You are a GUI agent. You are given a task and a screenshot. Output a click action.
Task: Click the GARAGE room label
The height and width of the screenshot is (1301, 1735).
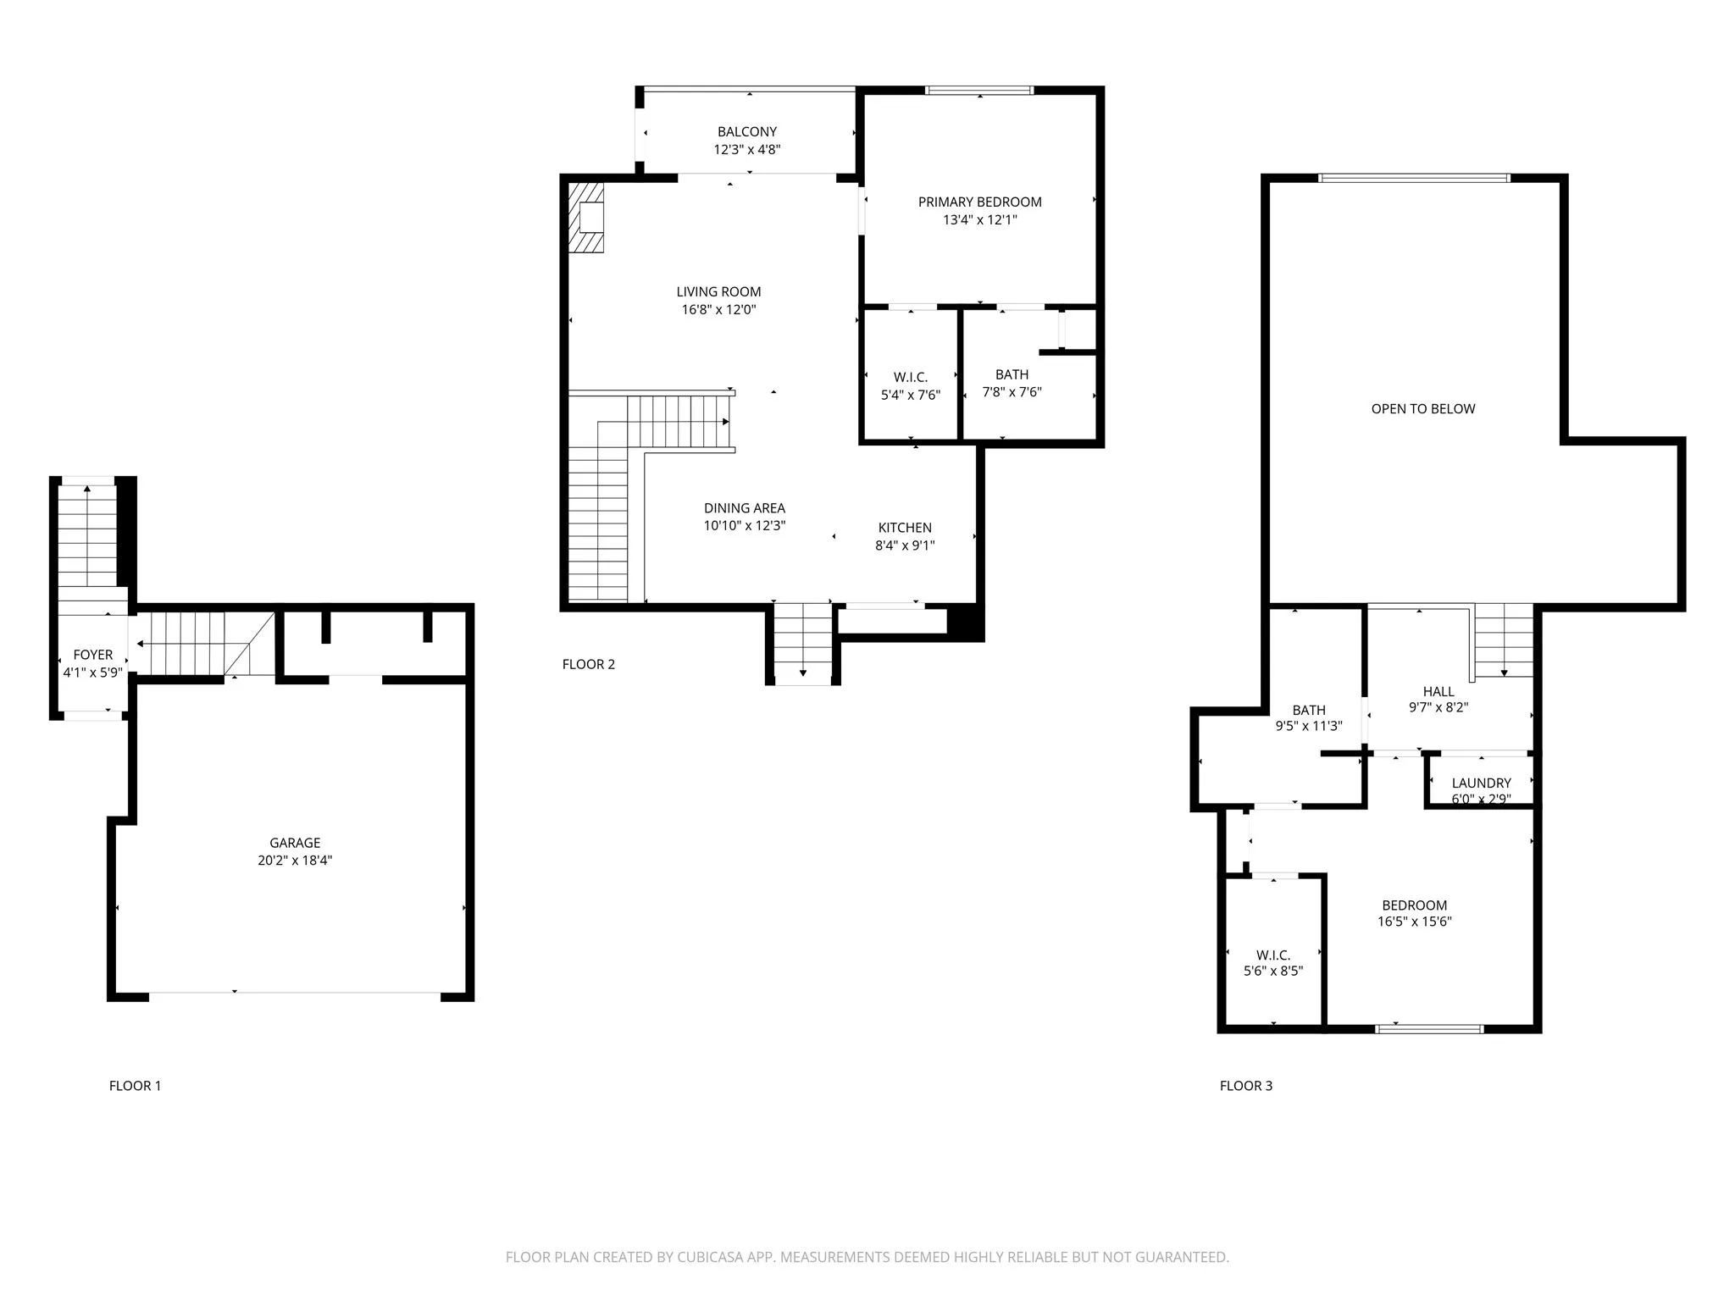(x=295, y=843)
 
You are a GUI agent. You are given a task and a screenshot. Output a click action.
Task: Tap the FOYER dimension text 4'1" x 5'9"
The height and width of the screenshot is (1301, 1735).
(x=93, y=673)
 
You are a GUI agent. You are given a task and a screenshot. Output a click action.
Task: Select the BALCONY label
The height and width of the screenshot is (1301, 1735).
(x=746, y=132)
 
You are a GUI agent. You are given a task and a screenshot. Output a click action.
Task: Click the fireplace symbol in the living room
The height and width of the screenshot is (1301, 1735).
(x=587, y=218)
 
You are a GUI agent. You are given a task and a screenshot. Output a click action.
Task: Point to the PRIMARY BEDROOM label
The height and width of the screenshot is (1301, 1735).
(x=979, y=202)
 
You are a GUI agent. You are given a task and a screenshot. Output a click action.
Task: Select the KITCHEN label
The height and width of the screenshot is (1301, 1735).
(x=905, y=528)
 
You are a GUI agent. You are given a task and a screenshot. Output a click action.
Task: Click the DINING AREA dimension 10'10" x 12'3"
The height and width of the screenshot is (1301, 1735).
(x=745, y=525)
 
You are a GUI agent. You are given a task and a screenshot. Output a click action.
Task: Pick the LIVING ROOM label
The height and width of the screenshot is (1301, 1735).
(x=718, y=292)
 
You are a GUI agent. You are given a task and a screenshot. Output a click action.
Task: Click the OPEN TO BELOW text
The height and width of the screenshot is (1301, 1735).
(x=1423, y=409)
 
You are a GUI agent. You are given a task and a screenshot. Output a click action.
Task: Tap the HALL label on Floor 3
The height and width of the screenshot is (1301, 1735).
(x=1438, y=692)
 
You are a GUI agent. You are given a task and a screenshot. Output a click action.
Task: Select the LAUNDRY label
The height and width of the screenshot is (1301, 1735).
(x=1481, y=783)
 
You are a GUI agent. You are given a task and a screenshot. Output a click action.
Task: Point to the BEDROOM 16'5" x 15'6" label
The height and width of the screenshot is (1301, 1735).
(x=1414, y=913)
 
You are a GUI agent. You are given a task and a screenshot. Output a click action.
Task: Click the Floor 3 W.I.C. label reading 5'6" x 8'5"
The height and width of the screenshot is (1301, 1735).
(x=1273, y=963)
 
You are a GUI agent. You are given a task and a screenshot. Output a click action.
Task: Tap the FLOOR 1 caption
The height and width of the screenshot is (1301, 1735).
(x=135, y=1086)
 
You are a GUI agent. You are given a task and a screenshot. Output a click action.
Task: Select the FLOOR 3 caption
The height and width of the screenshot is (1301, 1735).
(x=1245, y=1086)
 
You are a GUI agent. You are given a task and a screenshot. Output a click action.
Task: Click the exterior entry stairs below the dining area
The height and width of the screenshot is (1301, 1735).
(x=803, y=644)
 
